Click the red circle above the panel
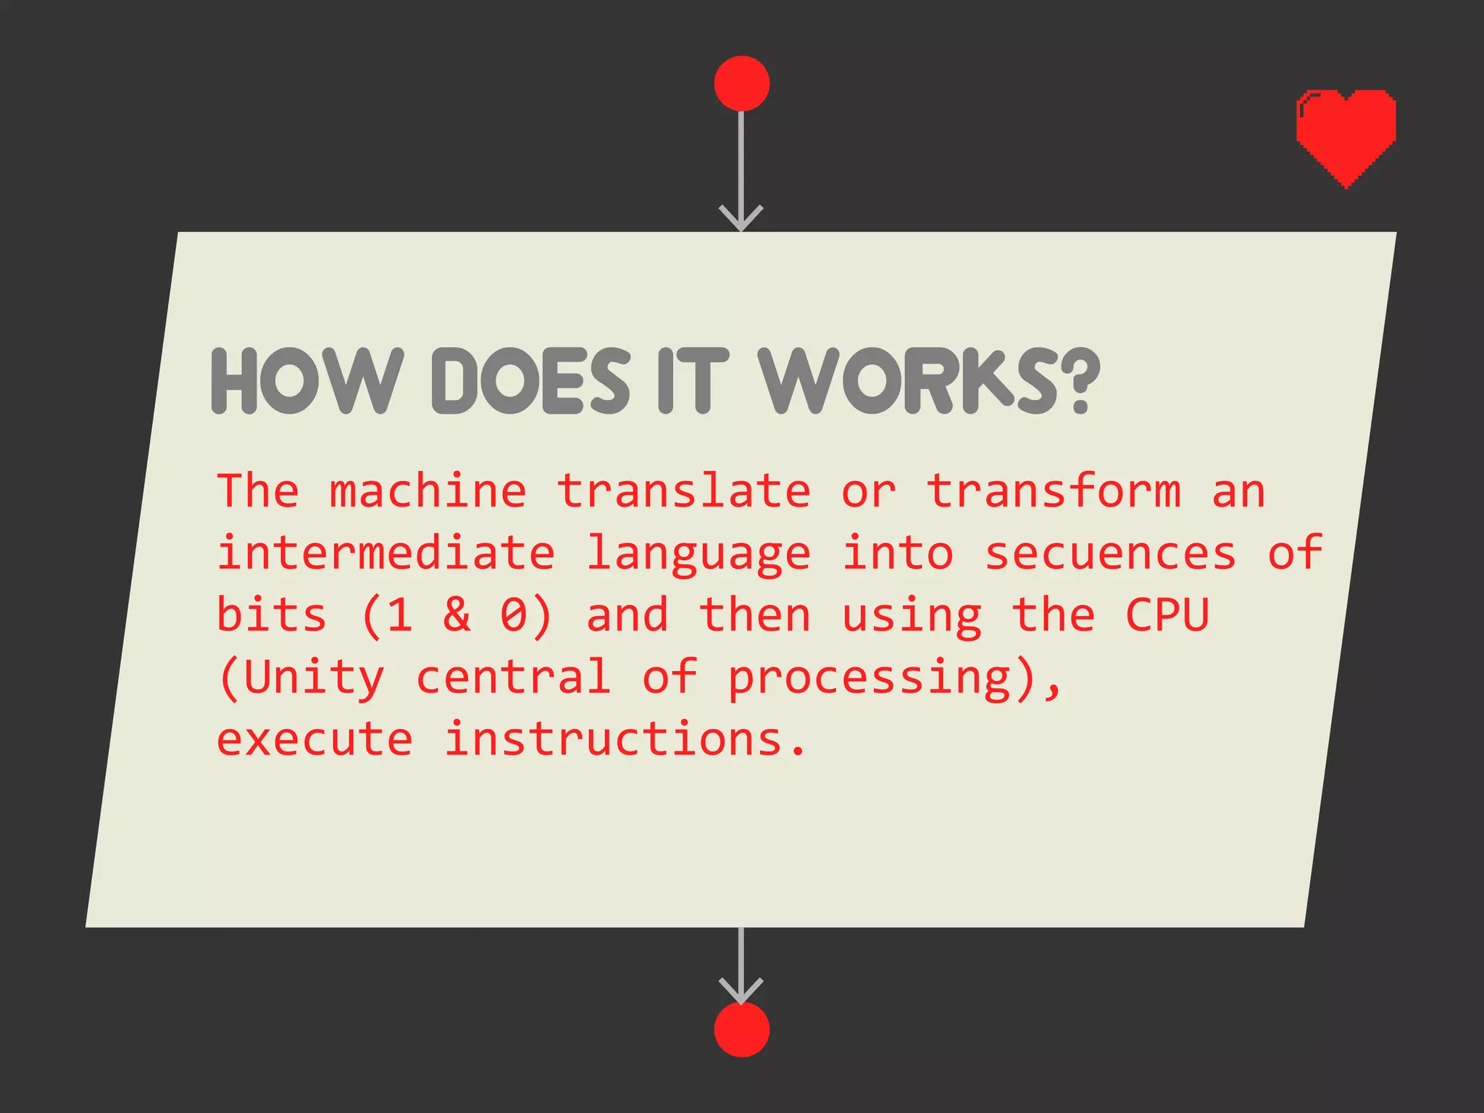point(741,83)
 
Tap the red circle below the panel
point(741,1029)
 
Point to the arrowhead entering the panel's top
point(741,217)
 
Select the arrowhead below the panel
point(741,991)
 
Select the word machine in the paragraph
point(428,491)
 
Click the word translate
point(683,491)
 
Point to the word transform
point(1054,491)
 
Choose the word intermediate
point(385,554)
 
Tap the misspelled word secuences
point(1110,554)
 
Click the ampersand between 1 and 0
point(457,615)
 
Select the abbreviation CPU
point(1167,615)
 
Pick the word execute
point(314,740)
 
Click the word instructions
point(613,740)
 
